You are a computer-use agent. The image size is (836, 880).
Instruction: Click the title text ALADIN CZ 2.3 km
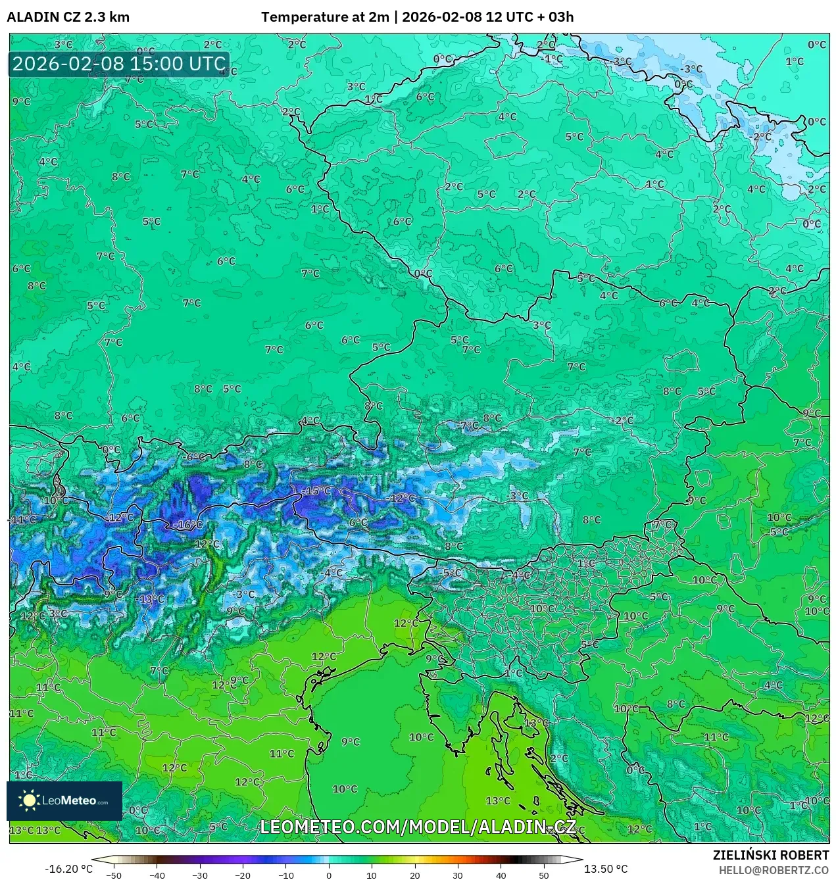pyautogui.click(x=68, y=17)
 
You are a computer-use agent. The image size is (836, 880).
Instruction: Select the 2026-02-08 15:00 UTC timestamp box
pyautogui.click(x=119, y=64)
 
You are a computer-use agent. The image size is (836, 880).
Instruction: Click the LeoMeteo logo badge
pyautogui.click(x=64, y=800)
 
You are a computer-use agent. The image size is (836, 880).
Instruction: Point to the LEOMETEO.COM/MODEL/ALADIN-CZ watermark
pyautogui.click(x=418, y=827)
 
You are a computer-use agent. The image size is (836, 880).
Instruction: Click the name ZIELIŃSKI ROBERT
pyautogui.click(x=771, y=855)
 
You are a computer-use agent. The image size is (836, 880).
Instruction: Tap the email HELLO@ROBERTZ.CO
pyautogui.click(x=774, y=870)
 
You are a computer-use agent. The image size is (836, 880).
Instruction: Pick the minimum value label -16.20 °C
pyautogui.click(x=68, y=869)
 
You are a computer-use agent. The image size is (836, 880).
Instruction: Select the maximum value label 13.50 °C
pyautogui.click(x=606, y=869)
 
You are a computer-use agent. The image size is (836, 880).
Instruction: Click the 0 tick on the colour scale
pyautogui.click(x=329, y=875)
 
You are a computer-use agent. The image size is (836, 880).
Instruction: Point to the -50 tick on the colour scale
pyautogui.click(x=114, y=875)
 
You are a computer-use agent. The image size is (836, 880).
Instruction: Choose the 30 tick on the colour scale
pyautogui.click(x=458, y=875)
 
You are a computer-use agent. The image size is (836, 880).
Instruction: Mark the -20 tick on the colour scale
pyautogui.click(x=243, y=875)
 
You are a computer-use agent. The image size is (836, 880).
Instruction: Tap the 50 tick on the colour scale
pyautogui.click(x=544, y=875)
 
